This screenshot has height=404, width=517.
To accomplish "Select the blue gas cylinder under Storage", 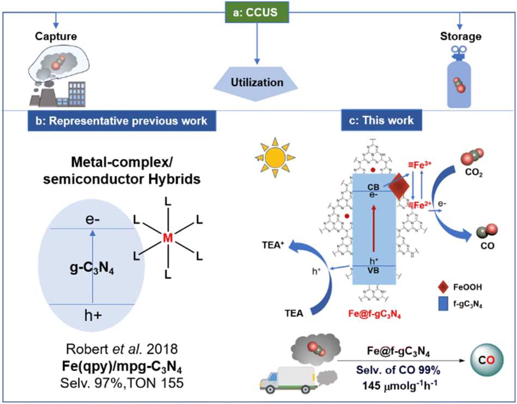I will [x=460, y=79].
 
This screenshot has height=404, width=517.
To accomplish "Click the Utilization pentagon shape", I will [x=257, y=83].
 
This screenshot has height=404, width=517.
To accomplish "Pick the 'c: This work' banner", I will [x=376, y=121].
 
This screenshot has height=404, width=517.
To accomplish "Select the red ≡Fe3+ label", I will [x=421, y=164].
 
